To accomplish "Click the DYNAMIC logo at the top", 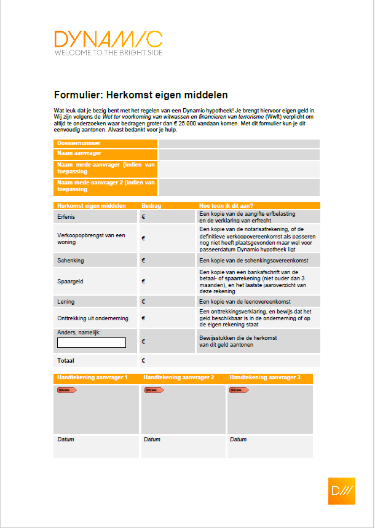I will pyautogui.click(x=108, y=39).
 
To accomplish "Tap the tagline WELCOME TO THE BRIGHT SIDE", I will pyautogui.click(x=108, y=53).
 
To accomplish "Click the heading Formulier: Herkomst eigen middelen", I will pyautogui.click(x=141, y=95).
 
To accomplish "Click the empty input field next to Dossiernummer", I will pyautogui.click(x=239, y=144).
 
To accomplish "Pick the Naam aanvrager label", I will pyautogui.click(x=79, y=153).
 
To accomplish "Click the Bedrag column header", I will pyautogui.click(x=151, y=206).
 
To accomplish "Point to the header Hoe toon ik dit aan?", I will pyautogui.click(x=227, y=206).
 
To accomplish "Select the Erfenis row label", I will pyautogui.click(x=67, y=217).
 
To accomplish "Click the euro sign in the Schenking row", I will pyautogui.click(x=143, y=261).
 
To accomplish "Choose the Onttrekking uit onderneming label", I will pyautogui.click(x=92, y=318).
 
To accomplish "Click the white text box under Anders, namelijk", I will pyautogui.click(x=92, y=342).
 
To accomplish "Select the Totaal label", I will pyautogui.click(x=66, y=361).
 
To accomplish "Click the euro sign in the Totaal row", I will pyautogui.click(x=143, y=361).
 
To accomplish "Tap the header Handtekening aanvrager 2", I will pyautogui.click(x=178, y=377).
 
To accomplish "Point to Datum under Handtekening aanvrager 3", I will pyautogui.click(x=238, y=439).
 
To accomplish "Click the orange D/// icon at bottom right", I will pyautogui.click(x=341, y=491).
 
